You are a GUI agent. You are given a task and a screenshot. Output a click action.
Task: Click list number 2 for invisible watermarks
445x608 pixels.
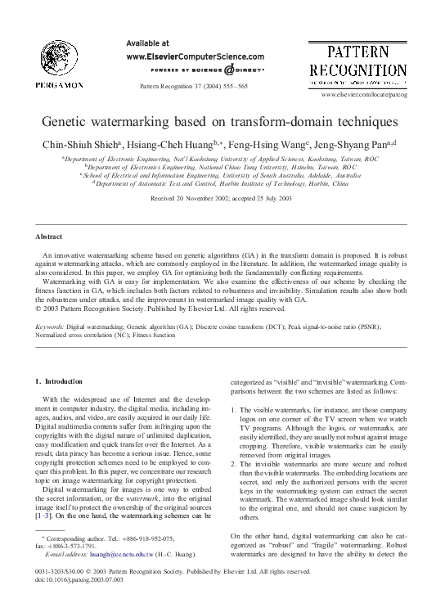(x=233, y=463)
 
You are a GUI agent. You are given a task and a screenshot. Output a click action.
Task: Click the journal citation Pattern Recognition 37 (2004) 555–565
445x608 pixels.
(x=194, y=86)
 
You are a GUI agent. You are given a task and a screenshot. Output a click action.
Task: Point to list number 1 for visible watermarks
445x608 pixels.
(x=233, y=410)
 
